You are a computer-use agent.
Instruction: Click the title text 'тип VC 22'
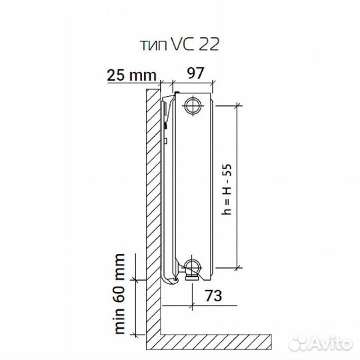point(179,44)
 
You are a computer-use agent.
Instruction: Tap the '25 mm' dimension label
point(131,75)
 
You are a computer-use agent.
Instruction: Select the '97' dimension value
point(195,73)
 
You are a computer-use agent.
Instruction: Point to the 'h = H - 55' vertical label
point(227,189)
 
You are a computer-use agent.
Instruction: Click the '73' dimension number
point(213,295)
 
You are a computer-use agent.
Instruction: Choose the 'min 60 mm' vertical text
point(119,294)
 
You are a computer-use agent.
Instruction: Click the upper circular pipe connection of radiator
point(193,105)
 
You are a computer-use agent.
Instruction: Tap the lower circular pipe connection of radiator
point(193,267)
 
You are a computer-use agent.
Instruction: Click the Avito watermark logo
point(321,343)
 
